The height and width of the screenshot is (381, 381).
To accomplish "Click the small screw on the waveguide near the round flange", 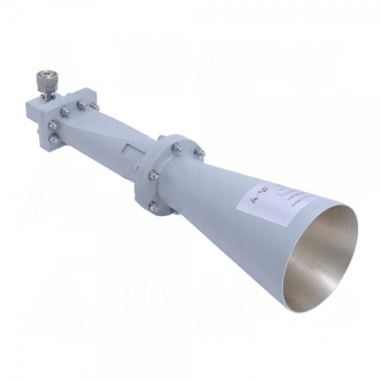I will point(160,137).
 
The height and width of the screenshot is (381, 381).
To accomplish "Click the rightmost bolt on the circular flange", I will point(197,152).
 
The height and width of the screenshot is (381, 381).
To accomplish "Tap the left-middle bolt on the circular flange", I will point(153,175).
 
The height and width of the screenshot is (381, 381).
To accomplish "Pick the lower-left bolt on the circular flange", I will point(152,206).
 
